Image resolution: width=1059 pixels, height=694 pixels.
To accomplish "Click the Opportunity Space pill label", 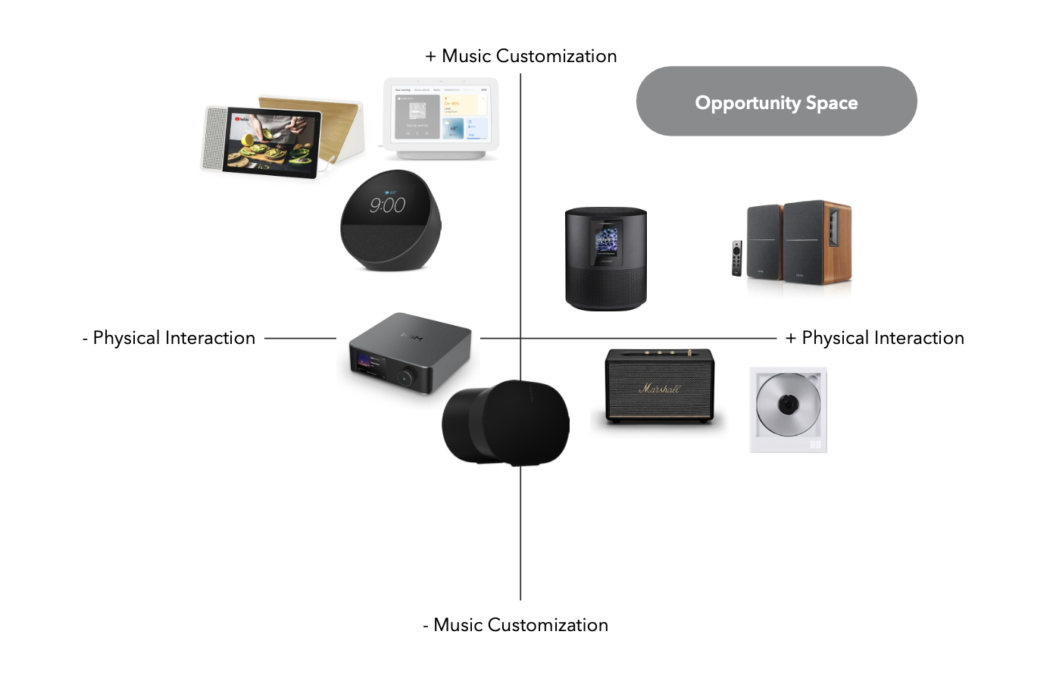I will click(x=776, y=102).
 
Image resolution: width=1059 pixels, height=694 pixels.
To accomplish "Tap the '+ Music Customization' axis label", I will click(x=521, y=56).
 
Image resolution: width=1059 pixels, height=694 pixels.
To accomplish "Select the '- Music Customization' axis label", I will click(x=516, y=625).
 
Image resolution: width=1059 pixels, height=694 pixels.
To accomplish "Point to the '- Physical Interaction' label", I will click(x=169, y=338).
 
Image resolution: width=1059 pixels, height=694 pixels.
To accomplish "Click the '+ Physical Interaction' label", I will click(x=875, y=338).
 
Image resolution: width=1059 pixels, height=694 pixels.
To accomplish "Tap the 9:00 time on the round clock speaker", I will click(x=387, y=205).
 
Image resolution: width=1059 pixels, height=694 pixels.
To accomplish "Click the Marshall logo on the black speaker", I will click(x=659, y=389).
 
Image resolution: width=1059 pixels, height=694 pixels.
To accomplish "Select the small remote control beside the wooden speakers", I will click(x=736, y=258).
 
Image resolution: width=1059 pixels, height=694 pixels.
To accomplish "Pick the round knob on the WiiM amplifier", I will click(x=408, y=376).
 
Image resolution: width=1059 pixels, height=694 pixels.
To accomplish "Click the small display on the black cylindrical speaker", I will click(x=606, y=242).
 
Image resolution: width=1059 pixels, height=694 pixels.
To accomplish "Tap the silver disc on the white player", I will click(x=788, y=405).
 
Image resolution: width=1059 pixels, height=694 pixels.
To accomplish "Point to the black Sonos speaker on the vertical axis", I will click(x=505, y=423).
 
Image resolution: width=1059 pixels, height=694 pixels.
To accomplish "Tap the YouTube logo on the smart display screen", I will click(x=242, y=119).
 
